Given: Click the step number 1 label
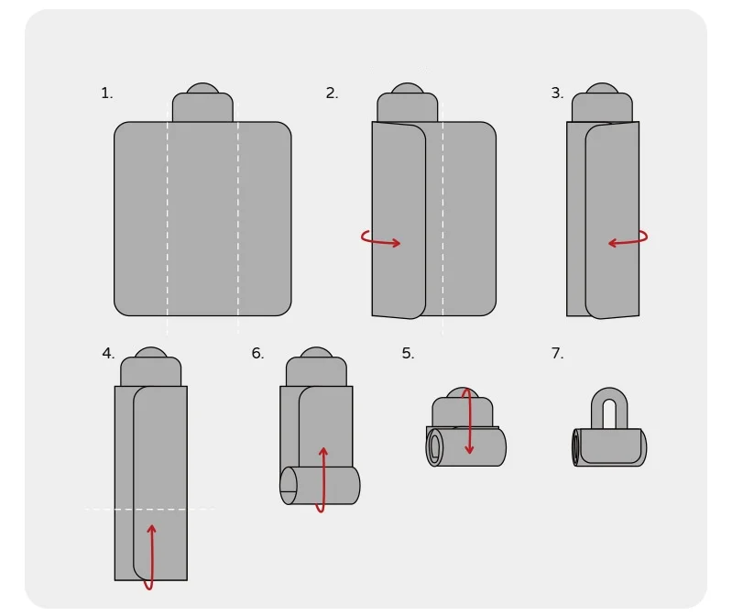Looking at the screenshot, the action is click(107, 93).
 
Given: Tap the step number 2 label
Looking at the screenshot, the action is click(332, 93).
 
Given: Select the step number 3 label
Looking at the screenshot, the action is click(557, 93).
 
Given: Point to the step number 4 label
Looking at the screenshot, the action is click(108, 353).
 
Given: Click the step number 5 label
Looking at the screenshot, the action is click(408, 354).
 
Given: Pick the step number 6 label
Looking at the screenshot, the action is click(257, 353).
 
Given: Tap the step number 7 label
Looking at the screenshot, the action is click(557, 353).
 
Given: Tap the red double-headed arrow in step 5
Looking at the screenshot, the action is click(469, 421).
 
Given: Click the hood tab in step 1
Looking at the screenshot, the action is click(202, 103).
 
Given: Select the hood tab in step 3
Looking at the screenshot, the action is click(602, 103).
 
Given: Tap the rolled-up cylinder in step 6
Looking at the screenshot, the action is click(321, 485).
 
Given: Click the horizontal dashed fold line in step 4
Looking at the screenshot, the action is click(150, 509).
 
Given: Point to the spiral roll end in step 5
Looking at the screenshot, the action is click(434, 447).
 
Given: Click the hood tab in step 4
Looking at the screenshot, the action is click(151, 367).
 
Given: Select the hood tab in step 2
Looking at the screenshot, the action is click(408, 103).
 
